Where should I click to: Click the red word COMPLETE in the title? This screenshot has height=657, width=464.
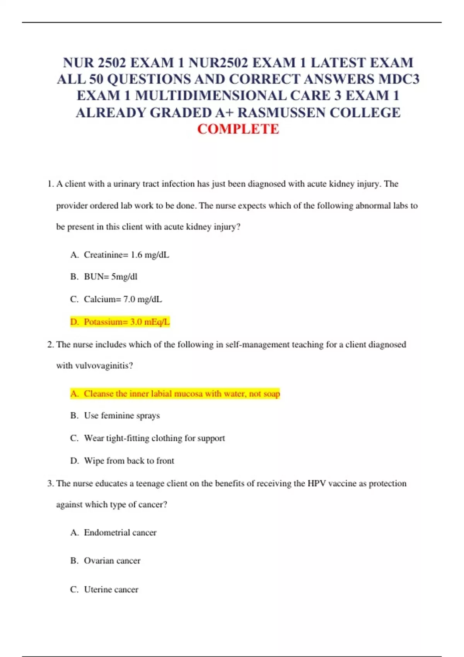pos(238,129)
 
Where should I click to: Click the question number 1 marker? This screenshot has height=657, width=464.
pos(50,184)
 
